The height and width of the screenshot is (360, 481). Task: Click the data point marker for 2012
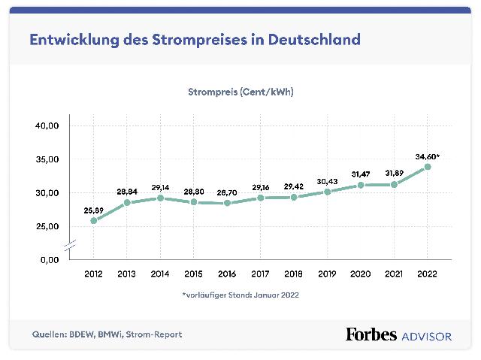point(94,220)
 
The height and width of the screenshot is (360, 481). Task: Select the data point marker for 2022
point(428,167)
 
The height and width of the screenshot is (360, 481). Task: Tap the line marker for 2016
point(227,203)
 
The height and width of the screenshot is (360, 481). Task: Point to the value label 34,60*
point(427,156)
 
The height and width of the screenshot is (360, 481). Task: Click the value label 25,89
point(94,210)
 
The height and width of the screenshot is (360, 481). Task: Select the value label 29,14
point(161,187)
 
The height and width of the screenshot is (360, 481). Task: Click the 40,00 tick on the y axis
point(47,126)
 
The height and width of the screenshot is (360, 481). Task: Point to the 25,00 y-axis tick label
point(47,226)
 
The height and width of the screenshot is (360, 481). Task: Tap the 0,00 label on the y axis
point(50,259)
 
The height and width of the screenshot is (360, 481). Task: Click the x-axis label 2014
point(161,275)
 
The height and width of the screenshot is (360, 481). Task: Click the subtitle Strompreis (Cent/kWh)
point(240,92)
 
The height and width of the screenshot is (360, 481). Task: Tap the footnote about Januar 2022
point(240,295)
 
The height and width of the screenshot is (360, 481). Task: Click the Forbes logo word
point(371,334)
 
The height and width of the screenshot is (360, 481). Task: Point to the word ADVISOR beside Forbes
point(426,335)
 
